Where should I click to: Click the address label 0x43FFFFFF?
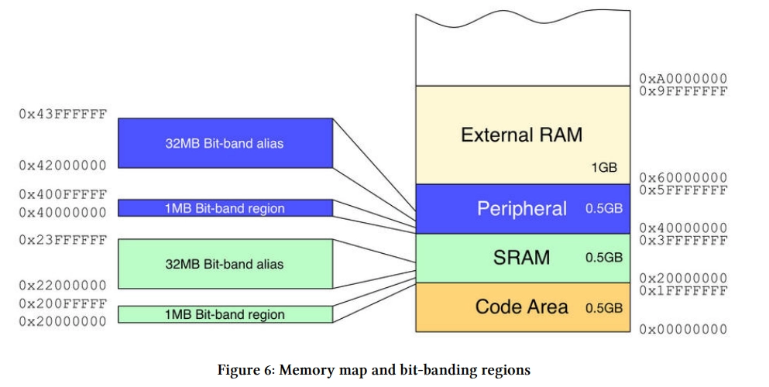click(63, 114)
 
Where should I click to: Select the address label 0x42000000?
click(63, 166)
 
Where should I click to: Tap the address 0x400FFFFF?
click(63, 194)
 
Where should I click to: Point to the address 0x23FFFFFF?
click(63, 240)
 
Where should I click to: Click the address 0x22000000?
click(63, 285)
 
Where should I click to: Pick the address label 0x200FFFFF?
click(63, 303)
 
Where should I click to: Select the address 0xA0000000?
click(683, 78)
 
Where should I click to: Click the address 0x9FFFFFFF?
click(683, 91)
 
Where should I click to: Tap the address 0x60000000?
click(683, 177)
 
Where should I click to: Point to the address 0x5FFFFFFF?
click(683, 190)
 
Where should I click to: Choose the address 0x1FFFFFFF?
click(683, 291)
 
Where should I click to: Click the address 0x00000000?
click(683, 329)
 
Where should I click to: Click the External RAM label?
click(522, 135)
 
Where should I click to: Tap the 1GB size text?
click(604, 167)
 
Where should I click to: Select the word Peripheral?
click(522, 209)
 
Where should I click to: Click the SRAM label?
click(521, 258)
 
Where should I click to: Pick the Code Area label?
click(521, 307)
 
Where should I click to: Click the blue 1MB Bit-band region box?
click(225, 208)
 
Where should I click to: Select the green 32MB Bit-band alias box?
click(225, 264)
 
